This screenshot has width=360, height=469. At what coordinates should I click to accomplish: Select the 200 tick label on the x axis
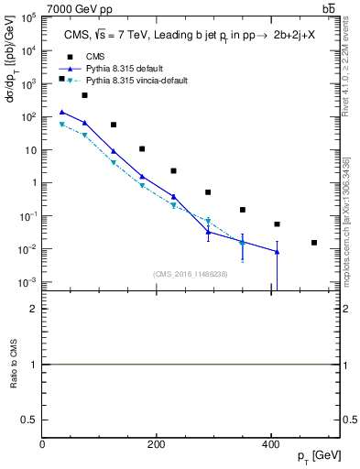157,445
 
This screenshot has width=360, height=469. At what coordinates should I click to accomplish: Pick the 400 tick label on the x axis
270,445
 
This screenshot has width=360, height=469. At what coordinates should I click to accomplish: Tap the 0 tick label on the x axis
43,445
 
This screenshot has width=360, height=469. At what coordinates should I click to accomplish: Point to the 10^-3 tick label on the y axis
28,282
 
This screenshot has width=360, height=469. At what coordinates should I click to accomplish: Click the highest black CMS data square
61,79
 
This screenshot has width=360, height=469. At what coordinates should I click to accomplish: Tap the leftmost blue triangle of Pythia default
61,112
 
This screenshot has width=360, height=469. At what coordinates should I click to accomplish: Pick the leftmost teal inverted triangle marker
61,125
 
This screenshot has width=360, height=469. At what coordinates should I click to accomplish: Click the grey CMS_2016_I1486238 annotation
191,274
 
